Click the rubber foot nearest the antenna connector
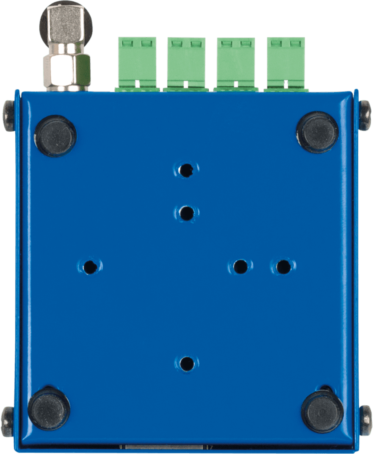click(55, 136)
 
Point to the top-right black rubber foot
click(317, 132)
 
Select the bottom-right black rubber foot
click(322, 411)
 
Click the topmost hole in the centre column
click(186, 170)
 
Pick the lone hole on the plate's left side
click(90, 267)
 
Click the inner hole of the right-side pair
click(240, 267)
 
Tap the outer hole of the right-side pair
click(283, 267)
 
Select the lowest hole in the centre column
click(186, 363)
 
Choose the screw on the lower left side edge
click(8, 421)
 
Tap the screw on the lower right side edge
click(366, 420)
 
